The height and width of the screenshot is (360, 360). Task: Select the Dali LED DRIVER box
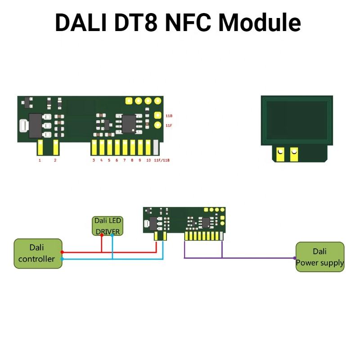point(108,226)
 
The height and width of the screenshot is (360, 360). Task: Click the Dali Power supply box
point(320,257)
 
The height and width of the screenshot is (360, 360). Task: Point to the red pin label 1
point(40,160)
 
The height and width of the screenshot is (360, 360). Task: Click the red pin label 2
point(55,160)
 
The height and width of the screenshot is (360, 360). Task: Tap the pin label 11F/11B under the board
point(162,160)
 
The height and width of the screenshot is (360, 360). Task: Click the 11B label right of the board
point(169,116)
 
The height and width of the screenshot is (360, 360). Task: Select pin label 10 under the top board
point(148,160)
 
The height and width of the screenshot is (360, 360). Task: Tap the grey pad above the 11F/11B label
point(156,147)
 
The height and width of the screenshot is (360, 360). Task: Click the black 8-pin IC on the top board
point(129,123)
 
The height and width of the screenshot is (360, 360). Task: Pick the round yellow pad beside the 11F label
point(158,125)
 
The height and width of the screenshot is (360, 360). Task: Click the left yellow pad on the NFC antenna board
point(280,154)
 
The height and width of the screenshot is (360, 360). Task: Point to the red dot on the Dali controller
point(62,252)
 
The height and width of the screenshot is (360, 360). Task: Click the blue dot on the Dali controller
point(62,259)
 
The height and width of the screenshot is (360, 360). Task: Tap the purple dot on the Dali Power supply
point(295,258)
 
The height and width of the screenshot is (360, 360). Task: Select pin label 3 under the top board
point(94,160)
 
